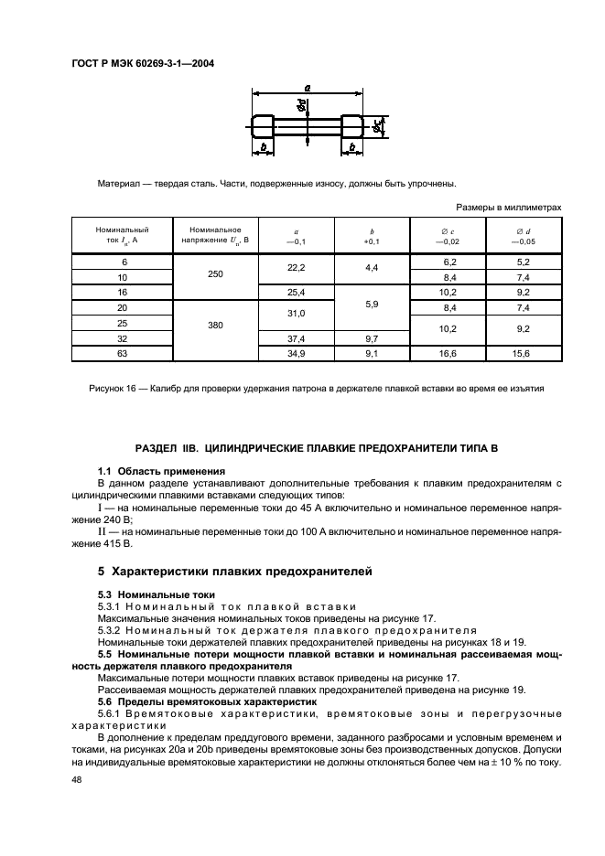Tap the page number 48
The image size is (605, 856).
pyautogui.click(x=77, y=782)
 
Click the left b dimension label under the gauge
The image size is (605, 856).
pyautogui.click(x=264, y=145)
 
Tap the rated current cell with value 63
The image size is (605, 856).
pyautogui.click(x=122, y=352)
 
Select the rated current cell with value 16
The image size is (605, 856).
pyautogui.click(x=122, y=292)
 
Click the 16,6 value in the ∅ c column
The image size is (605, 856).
pyautogui.click(x=448, y=352)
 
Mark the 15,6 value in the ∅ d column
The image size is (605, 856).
pyautogui.click(x=523, y=352)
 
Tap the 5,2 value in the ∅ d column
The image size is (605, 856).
pyautogui.click(x=523, y=262)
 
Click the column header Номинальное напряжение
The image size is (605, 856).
pyautogui.click(x=215, y=234)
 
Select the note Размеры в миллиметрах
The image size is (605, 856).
pyautogui.click(x=509, y=208)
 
